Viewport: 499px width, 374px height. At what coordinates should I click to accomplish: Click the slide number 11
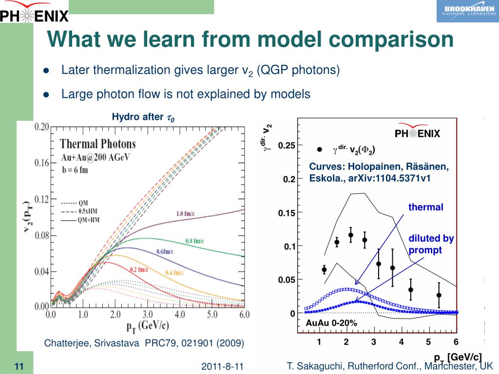(19, 366)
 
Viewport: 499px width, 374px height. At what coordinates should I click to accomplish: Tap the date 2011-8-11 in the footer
(222, 366)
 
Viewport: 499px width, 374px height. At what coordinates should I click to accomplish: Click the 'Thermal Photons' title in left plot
(97, 144)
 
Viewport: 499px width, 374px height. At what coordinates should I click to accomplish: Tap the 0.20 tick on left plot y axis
(41, 127)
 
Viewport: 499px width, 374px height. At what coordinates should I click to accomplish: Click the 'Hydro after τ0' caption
(143, 117)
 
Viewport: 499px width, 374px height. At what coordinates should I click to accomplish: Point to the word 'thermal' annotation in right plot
(425, 207)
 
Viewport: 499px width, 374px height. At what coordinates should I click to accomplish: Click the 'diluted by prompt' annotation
(431, 244)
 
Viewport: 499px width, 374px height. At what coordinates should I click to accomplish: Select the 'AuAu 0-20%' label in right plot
(331, 322)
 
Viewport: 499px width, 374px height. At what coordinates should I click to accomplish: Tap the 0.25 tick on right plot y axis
(287, 145)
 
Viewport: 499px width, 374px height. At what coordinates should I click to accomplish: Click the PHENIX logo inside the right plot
(417, 133)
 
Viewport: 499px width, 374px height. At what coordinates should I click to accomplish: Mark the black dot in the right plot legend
(319, 150)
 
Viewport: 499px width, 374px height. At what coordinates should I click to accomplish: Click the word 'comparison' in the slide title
(390, 39)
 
